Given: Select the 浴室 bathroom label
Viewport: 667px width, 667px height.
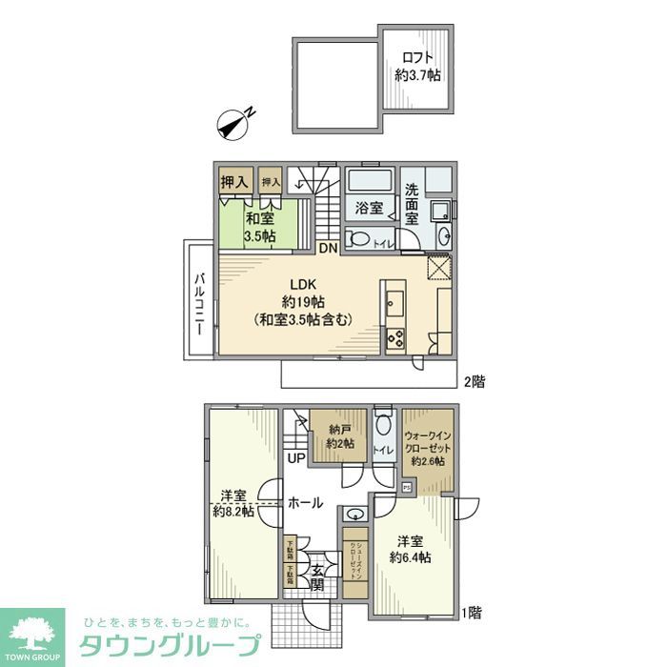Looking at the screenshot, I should [369, 206].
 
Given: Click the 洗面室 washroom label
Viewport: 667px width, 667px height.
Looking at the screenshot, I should [412, 203].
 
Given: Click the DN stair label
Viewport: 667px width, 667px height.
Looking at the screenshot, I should [327, 250].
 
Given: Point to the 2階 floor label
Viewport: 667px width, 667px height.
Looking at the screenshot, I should [474, 382].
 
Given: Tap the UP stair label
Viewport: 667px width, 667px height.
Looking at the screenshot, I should [296, 458].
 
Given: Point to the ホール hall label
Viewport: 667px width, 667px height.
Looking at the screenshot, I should [305, 502].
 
